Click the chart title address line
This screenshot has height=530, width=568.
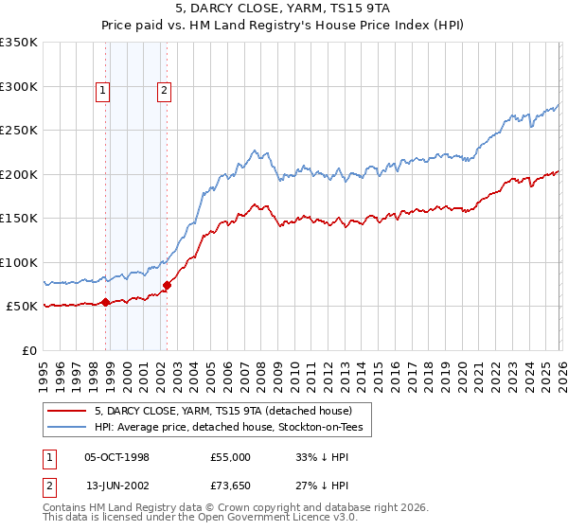click(284, 8)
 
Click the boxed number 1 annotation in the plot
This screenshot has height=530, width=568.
click(102, 91)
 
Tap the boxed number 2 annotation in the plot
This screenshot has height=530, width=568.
click(164, 91)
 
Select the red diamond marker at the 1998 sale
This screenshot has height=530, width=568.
click(106, 302)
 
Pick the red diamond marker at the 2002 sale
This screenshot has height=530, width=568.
click(167, 285)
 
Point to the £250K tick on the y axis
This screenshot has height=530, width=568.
click(19, 131)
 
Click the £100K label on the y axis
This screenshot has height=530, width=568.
click(19, 262)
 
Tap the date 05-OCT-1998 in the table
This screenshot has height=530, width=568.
click(116, 457)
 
